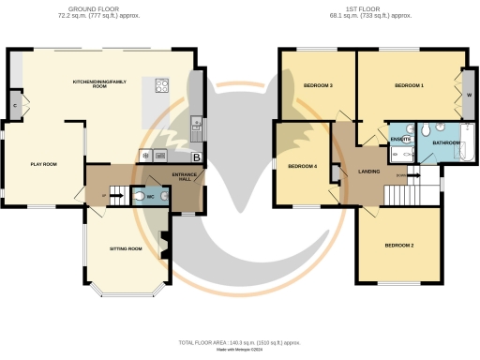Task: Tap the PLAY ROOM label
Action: pyautogui.click(x=43, y=164)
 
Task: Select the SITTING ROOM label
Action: pyautogui.click(x=125, y=248)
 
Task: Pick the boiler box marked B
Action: pyautogui.click(x=196, y=157)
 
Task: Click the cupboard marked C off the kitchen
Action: pyautogui.click(x=15, y=104)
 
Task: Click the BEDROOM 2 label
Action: pyautogui.click(x=398, y=246)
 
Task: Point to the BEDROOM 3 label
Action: pyautogui.click(x=318, y=86)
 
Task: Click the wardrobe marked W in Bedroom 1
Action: pyautogui.click(x=468, y=95)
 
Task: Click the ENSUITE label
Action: pyautogui.click(x=399, y=139)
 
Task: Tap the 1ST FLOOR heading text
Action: pyautogui.click(x=372, y=10)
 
